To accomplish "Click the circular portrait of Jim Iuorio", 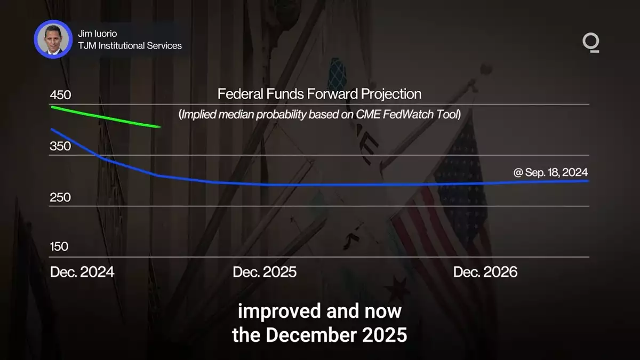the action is click(x=53, y=39).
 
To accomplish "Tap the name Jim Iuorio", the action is click(x=98, y=34).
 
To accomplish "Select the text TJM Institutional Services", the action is click(x=130, y=46).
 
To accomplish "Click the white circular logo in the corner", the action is click(x=591, y=43).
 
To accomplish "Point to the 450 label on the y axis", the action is click(x=60, y=95).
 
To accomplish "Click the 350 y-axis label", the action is click(x=60, y=146).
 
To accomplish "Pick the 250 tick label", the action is click(x=60, y=197).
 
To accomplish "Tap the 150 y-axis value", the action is click(x=59, y=246).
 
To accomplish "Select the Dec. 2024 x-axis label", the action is click(x=82, y=271).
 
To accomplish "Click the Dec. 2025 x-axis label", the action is click(x=265, y=271).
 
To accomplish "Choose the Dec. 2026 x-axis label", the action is click(x=485, y=271).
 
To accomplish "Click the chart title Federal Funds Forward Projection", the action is click(x=319, y=94).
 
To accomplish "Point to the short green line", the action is click(x=106, y=117).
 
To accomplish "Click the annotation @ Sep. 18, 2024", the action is click(x=550, y=172).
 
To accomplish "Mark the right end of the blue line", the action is click(x=588, y=181).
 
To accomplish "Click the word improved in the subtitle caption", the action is click(x=279, y=311).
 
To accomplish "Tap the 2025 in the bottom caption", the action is click(x=385, y=334).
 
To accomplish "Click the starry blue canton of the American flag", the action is click(x=460, y=171).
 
